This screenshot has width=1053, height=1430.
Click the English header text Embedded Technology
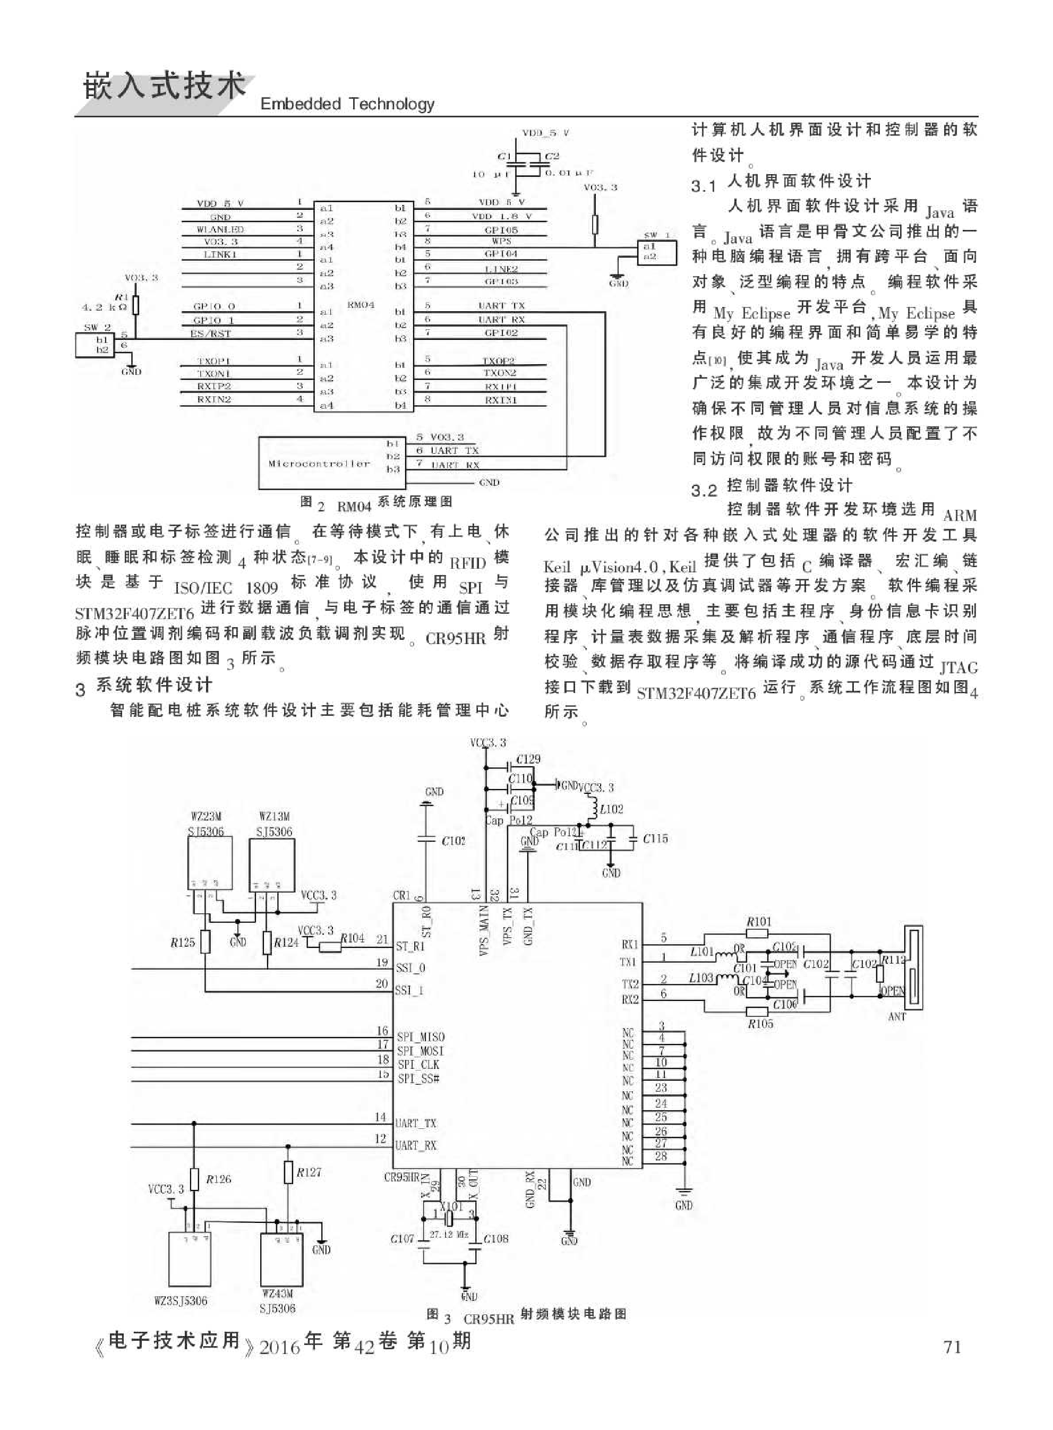pos(347,104)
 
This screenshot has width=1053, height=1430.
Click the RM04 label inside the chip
pos(360,305)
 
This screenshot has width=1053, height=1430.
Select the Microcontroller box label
pos(319,463)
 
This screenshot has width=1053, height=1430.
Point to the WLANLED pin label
pos(220,229)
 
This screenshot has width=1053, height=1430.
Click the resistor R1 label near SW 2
pos(121,297)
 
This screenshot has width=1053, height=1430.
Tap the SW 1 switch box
pos(656,251)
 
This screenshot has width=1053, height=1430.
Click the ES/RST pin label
pos(210,333)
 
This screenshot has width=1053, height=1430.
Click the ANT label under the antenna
pos(897,1016)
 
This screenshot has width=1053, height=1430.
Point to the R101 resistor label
pos(758,921)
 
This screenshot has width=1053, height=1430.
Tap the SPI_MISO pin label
pos(421,1037)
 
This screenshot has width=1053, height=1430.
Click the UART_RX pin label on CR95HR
pos(416,1145)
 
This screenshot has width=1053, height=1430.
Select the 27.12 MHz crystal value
pos(449,1235)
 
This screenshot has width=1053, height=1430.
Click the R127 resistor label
pos(309,1172)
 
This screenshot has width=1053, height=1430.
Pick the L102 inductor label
pos(611,809)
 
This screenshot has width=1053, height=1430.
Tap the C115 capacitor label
pos(655,840)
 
